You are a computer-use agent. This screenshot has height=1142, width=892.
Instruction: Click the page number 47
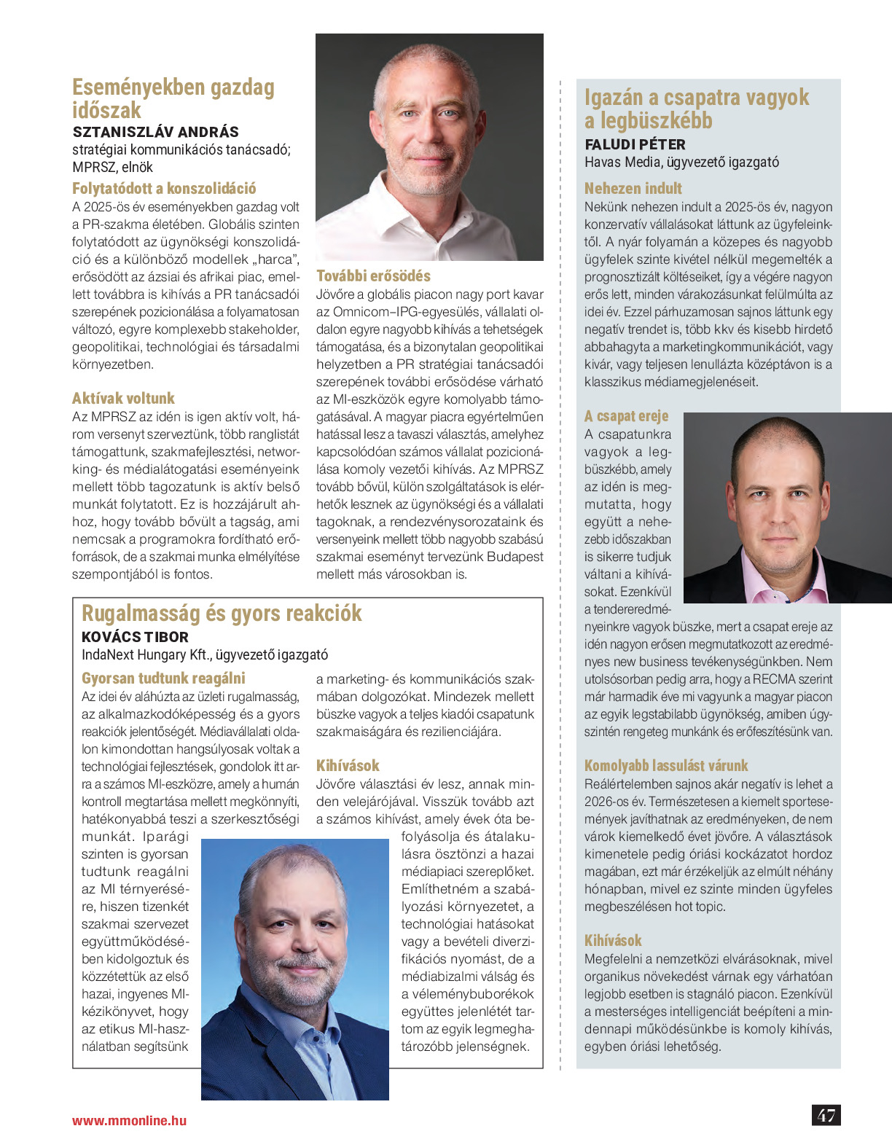pyautogui.click(x=826, y=1115)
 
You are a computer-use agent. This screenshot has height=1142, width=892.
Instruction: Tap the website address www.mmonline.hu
pyautogui.click(x=129, y=1120)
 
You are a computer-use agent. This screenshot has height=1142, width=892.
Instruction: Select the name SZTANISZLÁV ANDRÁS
pyautogui.click(x=156, y=132)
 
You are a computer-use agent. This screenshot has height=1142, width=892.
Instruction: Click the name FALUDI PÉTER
pyautogui.click(x=635, y=144)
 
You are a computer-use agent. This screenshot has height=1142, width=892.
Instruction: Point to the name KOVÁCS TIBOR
pyautogui.click(x=135, y=636)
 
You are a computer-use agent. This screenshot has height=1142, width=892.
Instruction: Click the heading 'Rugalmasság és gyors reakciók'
pyautogui.click(x=222, y=613)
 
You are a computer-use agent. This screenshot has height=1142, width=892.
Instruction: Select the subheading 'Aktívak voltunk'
pyautogui.click(x=123, y=398)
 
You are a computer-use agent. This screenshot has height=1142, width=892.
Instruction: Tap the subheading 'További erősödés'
pyautogui.click(x=373, y=275)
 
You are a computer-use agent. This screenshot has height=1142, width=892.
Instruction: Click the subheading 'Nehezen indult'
pyautogui.click(x=633, y=188)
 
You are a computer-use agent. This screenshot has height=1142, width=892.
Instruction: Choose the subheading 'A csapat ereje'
pyautogui.click(x=626, y=415)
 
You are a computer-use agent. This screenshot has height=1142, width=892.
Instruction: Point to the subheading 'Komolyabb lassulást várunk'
pyautogui.click(x=666, y=765)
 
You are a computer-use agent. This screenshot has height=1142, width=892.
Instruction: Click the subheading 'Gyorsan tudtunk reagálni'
pyautogui.click(x=163, y=678)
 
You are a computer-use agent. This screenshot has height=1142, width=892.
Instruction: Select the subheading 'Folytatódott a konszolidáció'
pyautogui.click(x=164, y=188)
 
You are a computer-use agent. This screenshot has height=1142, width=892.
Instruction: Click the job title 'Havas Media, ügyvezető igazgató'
pyautogui.click(x=681, y=162)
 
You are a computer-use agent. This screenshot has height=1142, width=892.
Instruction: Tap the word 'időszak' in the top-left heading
pyautogui.click(x=106, y=111)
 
